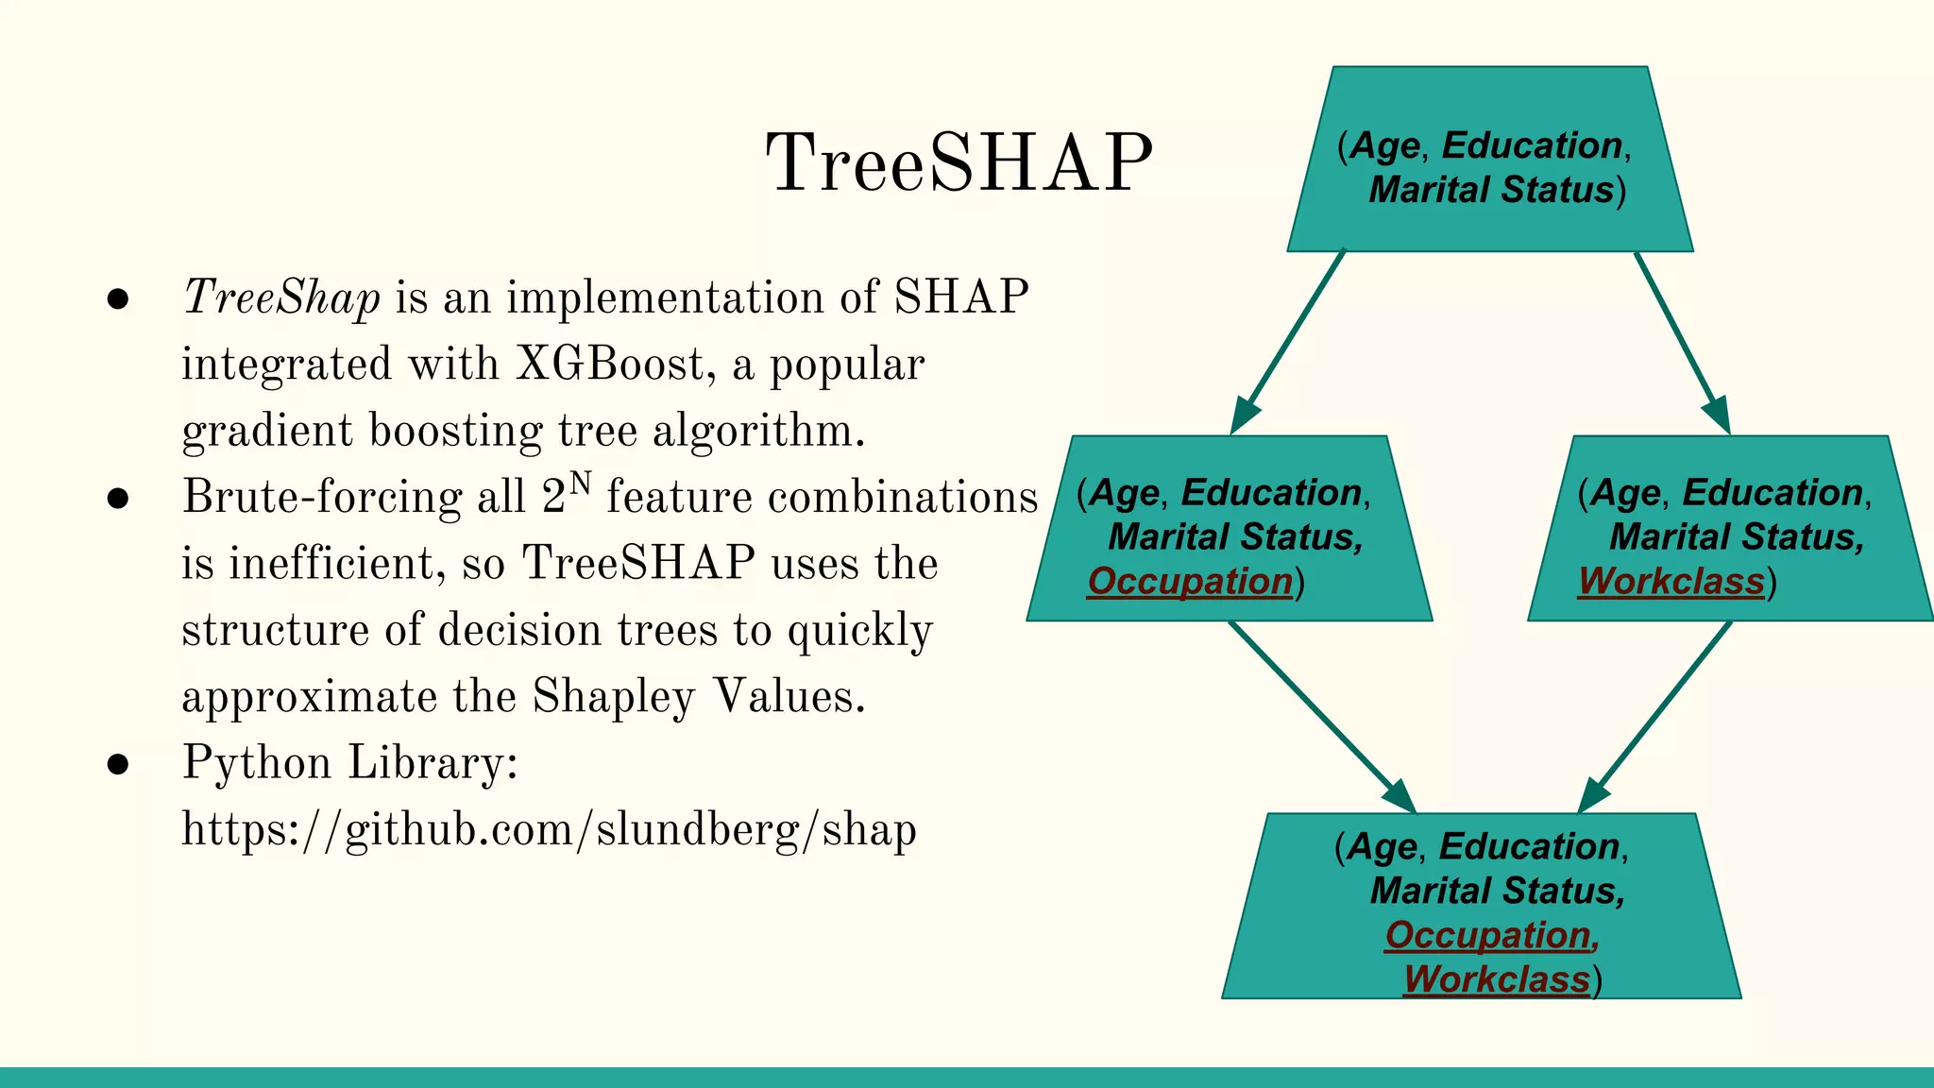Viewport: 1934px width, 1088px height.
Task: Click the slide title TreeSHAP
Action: point(959,162)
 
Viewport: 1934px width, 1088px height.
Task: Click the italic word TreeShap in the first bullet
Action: point(281,297)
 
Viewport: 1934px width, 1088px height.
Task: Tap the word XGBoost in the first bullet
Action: point(609,365)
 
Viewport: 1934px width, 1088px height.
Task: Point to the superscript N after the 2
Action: point(580,484)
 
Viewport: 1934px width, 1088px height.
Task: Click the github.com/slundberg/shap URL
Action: point(549,830)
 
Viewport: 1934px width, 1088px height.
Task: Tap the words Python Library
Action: point(349,763)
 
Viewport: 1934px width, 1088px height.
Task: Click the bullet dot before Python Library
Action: point(118,764)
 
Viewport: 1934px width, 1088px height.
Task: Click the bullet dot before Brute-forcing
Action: point(118,499)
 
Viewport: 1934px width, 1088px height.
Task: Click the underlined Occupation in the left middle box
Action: point(1190,581)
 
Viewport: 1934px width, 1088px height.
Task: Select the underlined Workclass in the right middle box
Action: point(1671,581)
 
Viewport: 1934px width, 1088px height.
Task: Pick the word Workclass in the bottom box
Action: point(1496,978)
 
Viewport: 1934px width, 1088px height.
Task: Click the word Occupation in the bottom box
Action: point(1488,935)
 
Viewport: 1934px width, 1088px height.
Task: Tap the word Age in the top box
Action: point(1384,145)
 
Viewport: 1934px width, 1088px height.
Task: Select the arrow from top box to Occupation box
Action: point(1289,342)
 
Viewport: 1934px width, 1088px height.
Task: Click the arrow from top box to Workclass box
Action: point(1683,342)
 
